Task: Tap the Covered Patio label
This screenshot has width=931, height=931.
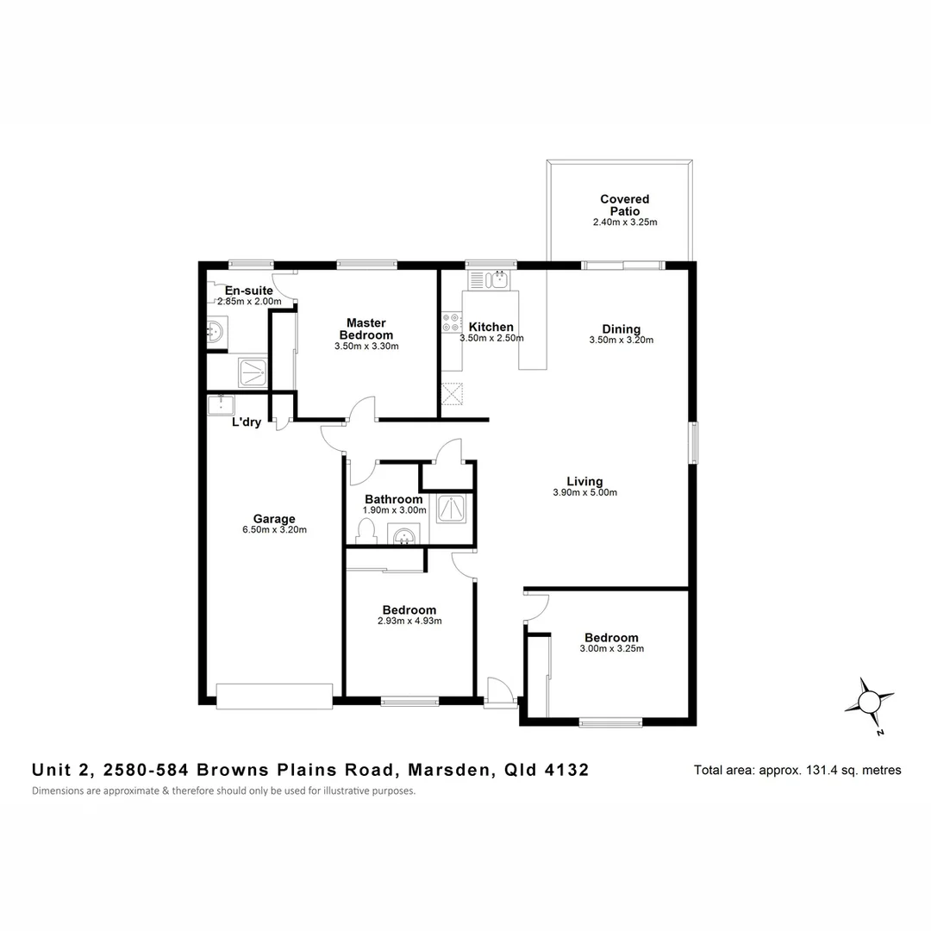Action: click(625, 205)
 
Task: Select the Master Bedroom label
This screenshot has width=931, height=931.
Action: click(366, 329)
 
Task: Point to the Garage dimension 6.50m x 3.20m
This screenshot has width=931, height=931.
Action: click(274, 530)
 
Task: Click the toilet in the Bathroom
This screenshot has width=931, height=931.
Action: click(366, 530)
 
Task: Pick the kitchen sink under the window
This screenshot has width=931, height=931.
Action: click(490, 279)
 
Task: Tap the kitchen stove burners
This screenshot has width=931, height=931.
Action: click(451, 322)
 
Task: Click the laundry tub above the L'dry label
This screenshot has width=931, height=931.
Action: click(222, 403)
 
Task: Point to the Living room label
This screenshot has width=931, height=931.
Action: click(584, 482)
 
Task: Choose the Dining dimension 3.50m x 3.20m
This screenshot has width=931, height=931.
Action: click(622, 340)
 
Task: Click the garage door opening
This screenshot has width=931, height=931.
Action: click(274, 696)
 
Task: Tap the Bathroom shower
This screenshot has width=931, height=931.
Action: click(450, 509)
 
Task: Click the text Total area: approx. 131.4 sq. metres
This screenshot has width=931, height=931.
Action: click(797, 770)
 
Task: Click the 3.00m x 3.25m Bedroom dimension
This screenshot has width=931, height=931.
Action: click(611, 649)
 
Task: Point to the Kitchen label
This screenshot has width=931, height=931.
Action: click(490, 328)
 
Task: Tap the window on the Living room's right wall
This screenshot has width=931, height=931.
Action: click(692, 442)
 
